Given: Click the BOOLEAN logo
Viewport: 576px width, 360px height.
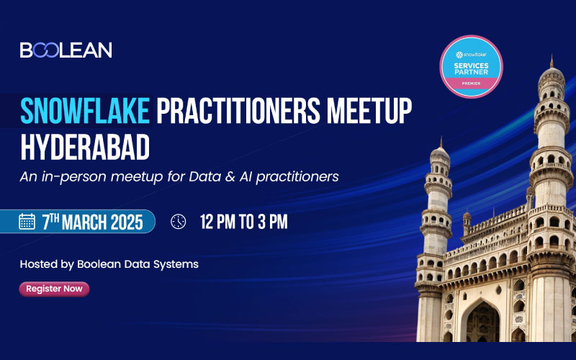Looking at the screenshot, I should coord(66,50).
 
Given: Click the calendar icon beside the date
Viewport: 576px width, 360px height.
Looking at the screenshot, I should coord(27,222).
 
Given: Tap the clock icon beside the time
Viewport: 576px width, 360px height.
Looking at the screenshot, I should coord(179,222).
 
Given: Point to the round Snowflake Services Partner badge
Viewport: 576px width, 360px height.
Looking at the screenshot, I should coord(471,66).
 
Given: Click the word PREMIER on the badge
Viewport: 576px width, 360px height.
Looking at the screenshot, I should coord(471,84).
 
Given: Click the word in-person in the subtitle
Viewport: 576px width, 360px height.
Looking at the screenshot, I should coord(71,176).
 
